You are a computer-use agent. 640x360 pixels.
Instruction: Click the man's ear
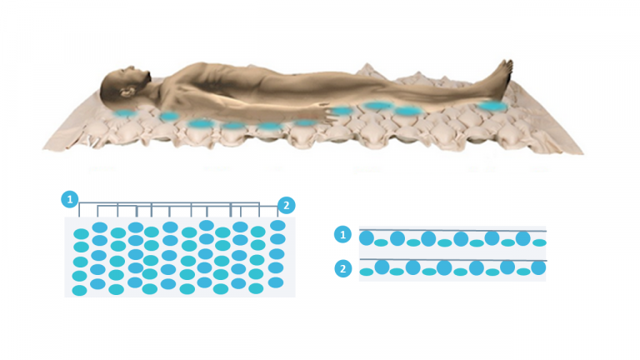click(x=127, y=92)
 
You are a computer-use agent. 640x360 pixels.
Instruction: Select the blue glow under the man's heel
click(x=492, y=106)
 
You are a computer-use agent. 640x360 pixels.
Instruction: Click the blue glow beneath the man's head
click(x=124, y=113)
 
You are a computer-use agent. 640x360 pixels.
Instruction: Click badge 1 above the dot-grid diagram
click(x=70, y=200)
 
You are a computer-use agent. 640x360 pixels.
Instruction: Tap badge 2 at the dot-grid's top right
click(x=286, y=205)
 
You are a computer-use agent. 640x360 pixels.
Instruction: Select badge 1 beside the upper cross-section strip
click(x=342, y=235)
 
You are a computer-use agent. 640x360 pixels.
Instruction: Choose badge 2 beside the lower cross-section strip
click(x=342, y=269)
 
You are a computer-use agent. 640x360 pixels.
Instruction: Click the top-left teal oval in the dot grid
click(x=81, y=234)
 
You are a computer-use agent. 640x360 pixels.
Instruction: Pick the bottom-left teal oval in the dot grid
click(x=79, y=291)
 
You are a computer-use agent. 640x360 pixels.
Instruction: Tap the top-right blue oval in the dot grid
click(x=278, y=225)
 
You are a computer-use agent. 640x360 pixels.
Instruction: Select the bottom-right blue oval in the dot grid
click(x=276, y=282)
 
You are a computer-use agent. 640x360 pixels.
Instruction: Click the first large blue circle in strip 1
click(x=367, y=238)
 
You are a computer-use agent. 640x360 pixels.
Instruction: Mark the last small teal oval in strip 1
click(x=540, y=242)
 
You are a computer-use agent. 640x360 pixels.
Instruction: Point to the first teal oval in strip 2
click(x=366, y=272)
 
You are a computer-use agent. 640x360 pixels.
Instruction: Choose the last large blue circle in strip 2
click(x=539, y=267)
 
